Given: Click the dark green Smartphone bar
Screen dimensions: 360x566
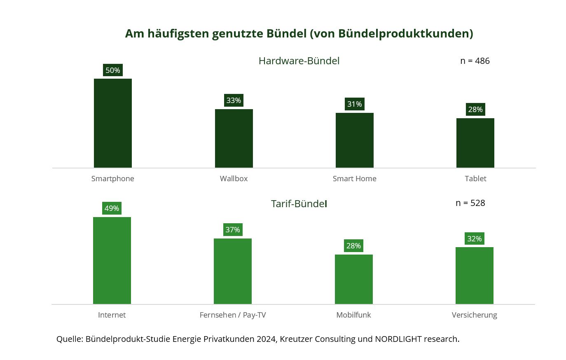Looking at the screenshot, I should (x=112, y=123).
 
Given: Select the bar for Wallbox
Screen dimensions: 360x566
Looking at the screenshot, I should (x=234, y=138).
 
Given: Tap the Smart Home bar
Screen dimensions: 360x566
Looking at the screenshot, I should (x=354, y=140).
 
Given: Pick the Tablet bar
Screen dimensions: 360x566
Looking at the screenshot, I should (x=475, y=143).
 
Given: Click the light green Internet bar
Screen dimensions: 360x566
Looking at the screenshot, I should (x=112, y=260).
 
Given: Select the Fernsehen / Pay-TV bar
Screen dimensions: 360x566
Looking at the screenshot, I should (x=232, y=271).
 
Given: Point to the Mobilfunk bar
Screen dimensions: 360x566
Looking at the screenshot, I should (x=353, y=279).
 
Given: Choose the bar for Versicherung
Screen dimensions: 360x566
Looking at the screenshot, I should (x=474, y=276).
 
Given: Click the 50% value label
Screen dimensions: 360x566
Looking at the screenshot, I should (x=112, y=70).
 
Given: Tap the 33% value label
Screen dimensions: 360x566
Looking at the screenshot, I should (x=234, y=101).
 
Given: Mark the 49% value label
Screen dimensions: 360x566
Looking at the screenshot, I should (x=112, y=208).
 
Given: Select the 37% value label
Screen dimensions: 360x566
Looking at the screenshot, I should (x=233, y=230).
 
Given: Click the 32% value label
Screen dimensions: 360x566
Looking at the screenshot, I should (x=474, y=239).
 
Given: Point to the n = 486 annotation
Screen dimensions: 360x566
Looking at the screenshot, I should (x=475, y=61).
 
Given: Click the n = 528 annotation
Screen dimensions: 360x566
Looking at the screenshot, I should (x=470, y=203).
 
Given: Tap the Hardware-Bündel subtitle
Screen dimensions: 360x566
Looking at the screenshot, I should (x=299, y=61).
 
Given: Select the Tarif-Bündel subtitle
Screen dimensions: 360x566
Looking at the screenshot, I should (x=299, y=204).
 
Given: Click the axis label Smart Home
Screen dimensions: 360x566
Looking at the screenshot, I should (x=354, y=179).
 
